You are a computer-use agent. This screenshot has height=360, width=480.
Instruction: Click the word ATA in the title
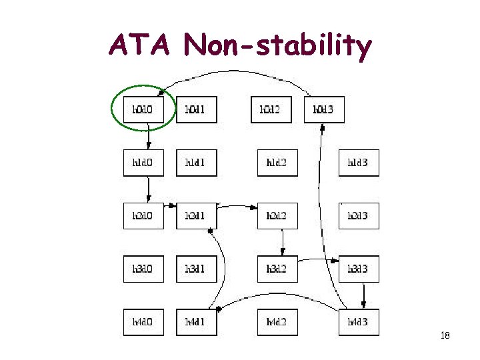pos(142,45)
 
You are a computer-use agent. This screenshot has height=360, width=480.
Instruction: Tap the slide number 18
pos(445,336)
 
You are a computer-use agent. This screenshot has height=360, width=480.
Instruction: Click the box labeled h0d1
pos(197,109)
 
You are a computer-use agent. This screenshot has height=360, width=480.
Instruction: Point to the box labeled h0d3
pos(325,109)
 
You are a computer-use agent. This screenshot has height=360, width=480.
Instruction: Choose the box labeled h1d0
pos(143,163)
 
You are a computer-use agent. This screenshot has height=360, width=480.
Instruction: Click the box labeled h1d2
pos(277,163)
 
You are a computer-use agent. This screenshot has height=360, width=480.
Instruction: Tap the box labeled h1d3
pos(359,163)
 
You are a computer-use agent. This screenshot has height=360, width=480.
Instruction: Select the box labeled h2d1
pos(197,216)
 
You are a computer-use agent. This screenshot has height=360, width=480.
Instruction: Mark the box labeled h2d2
pos(277,216)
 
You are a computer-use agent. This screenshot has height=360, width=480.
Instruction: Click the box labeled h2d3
pos(359,216)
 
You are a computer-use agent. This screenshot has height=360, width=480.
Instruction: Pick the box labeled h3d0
pos(143,269)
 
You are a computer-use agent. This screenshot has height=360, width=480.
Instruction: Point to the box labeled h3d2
pos(277,269)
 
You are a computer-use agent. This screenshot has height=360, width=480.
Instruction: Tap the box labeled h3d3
pos(359,269)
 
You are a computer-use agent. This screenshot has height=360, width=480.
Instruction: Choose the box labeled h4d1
pos(197,323)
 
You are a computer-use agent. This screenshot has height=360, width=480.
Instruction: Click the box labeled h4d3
pos(359,323)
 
